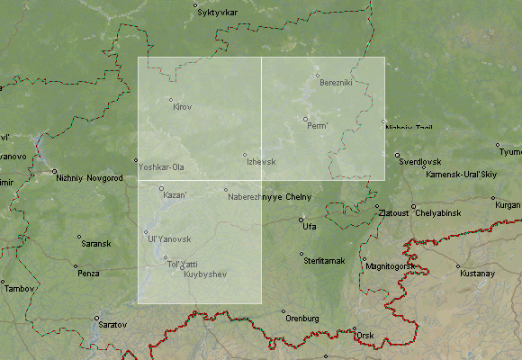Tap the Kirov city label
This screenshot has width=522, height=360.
pyautogui.click(x=182, y=107)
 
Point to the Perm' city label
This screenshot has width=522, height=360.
pyautogui.click(x=318, y=126)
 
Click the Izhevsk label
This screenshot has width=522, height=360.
pyautogui.click(x=260, y=162)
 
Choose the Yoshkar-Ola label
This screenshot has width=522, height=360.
pyautogui.click(x=161, y=167)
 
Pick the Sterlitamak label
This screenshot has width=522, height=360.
pyautogui.click(x=327, y=261)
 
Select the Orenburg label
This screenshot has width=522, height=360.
pyautogui.click(x=302, y=319)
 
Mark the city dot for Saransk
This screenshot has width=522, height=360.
pyautogui.click(x=79, y=237)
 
